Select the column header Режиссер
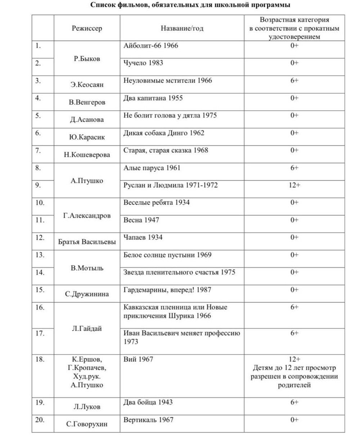click(x=87, y=28)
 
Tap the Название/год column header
click(x=182, y=28)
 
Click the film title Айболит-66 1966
click(x=150, y=46)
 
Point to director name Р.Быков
click(x=87, y=59)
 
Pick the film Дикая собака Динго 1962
click(x=163, y=133)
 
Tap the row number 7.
click(x=38, y=150)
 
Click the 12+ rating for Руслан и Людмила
click(x=294, y=185)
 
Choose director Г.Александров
click(x=87, y=216)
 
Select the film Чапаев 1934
click(x=143, y=237)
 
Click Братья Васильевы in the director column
click(x=87, y=242)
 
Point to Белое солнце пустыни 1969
click(x=167, y=255)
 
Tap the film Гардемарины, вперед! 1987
click(x=167, y=290)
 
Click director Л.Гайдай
click(x=87, y=328)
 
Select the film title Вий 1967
click(x=138, y=359)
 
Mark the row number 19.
click(x=40, y=402)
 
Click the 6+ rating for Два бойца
click(x=294, y=402)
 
